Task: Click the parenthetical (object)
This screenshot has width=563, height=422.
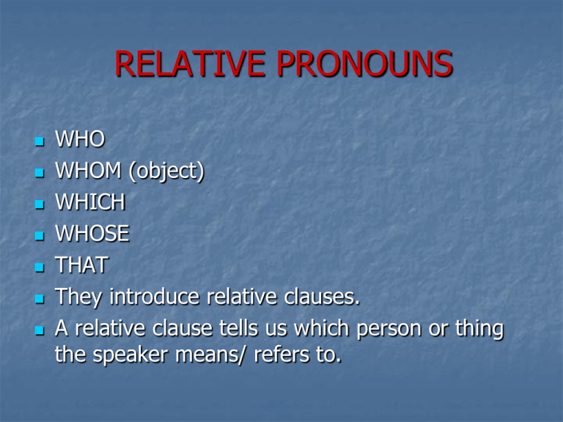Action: (165, 172)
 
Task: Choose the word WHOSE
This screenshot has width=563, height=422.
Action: (92, 234)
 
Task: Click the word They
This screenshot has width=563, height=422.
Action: (81, 297)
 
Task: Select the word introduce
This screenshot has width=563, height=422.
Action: (155, 297)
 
